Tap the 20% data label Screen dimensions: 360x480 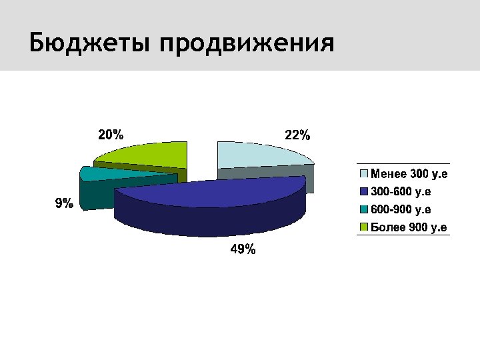(x=111, y=134)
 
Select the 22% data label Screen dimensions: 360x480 (x=297, y=135)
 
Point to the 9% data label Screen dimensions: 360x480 (x=64, y=203)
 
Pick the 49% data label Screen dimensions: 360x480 (x=243, y=250)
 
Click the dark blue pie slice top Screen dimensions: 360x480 (x=213, y=191)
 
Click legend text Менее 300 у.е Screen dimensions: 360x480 (x=409, y=175)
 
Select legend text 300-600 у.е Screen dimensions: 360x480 (x=401, y=192)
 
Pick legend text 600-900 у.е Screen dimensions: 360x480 (x=401, y=210)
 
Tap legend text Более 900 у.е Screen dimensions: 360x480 (x=409, y=228)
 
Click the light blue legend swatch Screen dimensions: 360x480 (x=364, y=175)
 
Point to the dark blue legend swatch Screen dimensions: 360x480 (x=364, y=192)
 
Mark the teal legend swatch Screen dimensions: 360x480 (x=364, y=210)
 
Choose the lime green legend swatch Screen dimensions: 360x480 (x=364, y=228)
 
